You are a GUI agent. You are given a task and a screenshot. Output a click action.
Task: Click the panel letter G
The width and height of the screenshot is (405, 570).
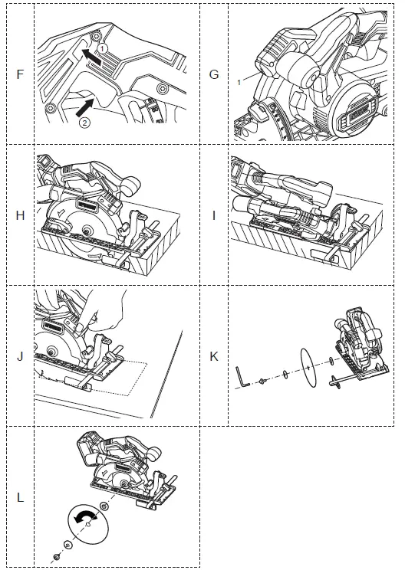click(x=213, y=75)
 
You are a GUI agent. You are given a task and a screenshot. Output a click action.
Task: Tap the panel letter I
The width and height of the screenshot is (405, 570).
click(x=214, y=215)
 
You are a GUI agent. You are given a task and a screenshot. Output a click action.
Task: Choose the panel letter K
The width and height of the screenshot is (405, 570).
click(x=213, y=356)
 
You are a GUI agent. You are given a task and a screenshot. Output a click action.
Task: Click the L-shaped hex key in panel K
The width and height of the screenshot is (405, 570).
click(x=243, y=375)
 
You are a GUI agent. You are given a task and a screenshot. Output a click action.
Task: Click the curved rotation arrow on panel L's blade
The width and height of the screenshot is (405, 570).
click(x=86, y=518)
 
